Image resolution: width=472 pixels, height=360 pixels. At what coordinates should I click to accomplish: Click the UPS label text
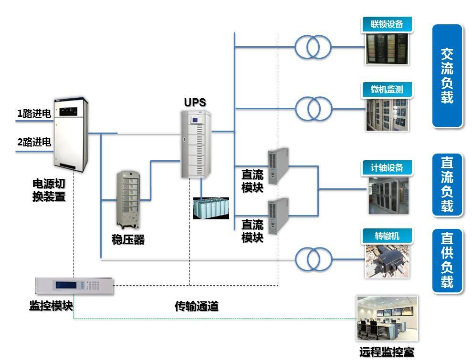195,103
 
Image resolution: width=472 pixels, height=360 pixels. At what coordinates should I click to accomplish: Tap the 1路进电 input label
34,114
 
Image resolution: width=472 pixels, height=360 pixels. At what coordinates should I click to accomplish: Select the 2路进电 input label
34,142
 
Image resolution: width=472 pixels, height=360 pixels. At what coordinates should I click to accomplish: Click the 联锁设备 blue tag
387,24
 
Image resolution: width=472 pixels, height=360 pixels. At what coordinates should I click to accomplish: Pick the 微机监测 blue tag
387,89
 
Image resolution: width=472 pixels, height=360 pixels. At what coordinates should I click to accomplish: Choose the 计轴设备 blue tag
387,168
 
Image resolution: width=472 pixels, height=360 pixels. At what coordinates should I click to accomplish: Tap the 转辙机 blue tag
387,236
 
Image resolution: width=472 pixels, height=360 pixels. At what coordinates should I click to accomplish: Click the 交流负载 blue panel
447,76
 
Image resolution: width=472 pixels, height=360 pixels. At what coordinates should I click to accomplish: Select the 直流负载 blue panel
447,184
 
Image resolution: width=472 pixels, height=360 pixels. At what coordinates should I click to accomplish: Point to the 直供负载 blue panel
447,260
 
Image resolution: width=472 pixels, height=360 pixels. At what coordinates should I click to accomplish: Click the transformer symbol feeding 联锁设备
313,47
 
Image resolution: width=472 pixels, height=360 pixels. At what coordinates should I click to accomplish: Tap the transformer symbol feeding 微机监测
313,109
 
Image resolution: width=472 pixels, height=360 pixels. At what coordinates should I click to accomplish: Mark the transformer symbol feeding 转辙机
313,259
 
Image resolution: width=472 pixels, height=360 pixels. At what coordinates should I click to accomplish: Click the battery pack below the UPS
211,208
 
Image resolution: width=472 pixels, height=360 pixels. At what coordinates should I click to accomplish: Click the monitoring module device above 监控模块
74,286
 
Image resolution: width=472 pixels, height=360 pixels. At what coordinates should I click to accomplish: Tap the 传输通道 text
197,307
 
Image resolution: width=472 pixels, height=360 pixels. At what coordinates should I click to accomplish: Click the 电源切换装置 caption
49,190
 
